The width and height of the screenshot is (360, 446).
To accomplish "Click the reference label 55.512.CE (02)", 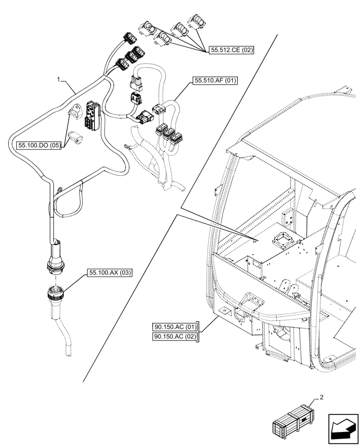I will pyautogui.click(x=230, y=50).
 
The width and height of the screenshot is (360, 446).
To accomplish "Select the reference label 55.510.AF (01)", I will pyautogui.click(x=215, y=81).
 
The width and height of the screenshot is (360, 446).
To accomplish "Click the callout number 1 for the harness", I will pyautogui.click(x=58, y=79).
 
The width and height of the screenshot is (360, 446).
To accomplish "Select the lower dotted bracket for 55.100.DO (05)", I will pyautogui.click(x=76, y=137).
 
